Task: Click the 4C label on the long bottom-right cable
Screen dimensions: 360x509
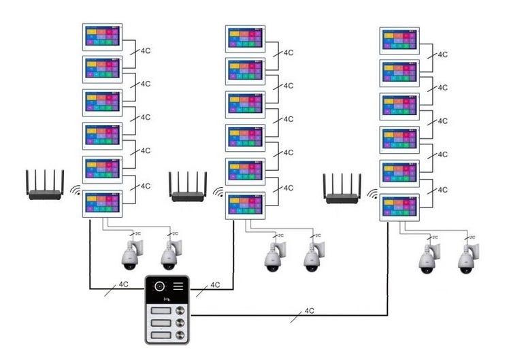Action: click(309, 310)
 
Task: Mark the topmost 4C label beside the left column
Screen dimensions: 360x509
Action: click(144, 50)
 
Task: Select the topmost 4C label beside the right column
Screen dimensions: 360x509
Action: click(442, 54)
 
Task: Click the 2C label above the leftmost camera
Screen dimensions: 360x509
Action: click(137, 233)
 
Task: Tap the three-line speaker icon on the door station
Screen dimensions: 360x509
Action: click(178, 287)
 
